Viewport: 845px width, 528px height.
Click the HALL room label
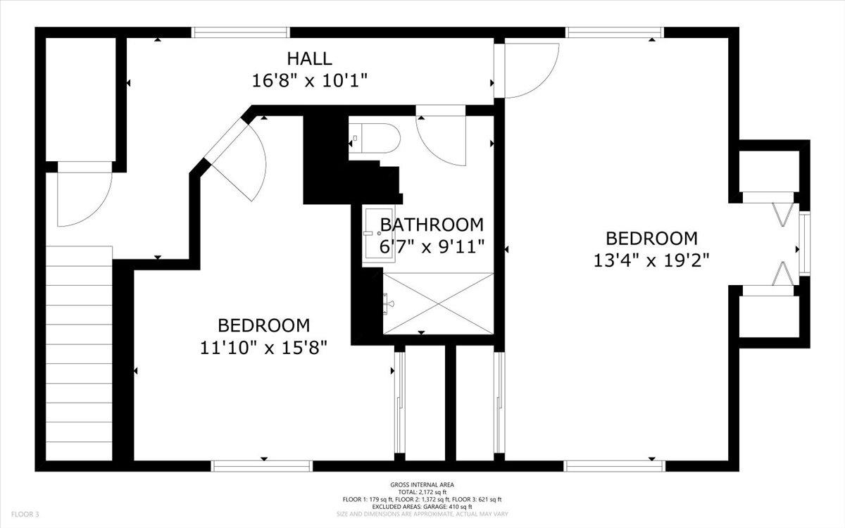tap(309, 59)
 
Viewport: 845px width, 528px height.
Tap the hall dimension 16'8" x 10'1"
tap(309, 81)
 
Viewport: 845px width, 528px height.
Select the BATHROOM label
tap(432, 225)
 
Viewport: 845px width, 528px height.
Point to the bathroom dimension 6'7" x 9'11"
tap(432, 247)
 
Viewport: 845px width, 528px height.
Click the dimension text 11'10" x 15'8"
tap(263, 348)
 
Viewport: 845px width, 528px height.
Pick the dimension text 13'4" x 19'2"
tap(651, 260)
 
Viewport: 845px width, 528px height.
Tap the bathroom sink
tap(378, 234)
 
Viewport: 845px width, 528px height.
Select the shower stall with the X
tap(438, 303)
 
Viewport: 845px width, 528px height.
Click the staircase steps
tap(79, 353)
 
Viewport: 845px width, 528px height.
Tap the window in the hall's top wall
tap(240, 32)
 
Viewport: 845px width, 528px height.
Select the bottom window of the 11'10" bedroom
tap(261, 466)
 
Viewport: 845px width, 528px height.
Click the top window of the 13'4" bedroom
tap(614, 32)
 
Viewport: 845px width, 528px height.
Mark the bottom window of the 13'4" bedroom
tap(615, 466)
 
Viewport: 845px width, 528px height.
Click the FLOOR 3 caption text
tap(25, 514)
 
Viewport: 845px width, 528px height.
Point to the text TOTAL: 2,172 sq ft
tap(422, 492)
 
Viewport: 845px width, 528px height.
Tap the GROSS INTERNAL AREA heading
tap(422, 485)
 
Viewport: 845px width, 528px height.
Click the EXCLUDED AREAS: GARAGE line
tap(422, 506)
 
